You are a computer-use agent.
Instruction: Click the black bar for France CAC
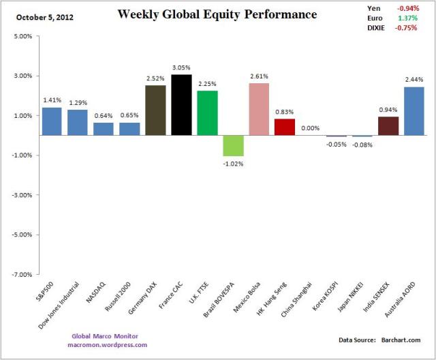coord(181,105)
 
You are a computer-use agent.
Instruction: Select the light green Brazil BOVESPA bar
coord(234,145)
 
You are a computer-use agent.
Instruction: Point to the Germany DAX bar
coord(155,110)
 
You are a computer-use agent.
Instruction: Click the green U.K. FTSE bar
coord(207,112)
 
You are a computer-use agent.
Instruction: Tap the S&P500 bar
coord(52,121)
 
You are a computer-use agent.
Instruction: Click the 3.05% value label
coord(181,68)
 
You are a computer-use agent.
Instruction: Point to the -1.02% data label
coord(234,164)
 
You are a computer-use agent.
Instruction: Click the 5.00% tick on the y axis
coord(20,36)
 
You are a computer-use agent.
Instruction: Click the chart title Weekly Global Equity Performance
coord(217,14)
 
